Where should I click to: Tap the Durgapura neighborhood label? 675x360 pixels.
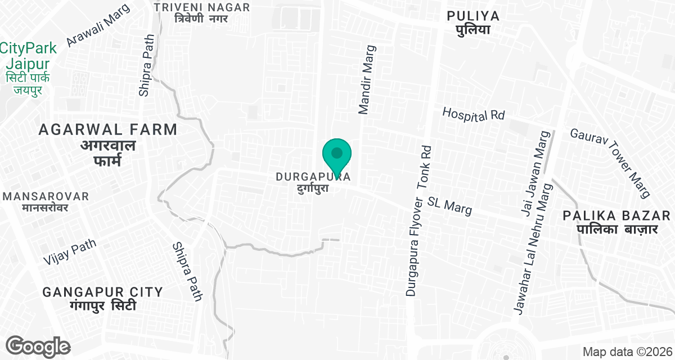point(313,182)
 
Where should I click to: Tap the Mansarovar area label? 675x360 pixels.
point(46,201)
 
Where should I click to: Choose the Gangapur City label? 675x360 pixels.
point(103,299)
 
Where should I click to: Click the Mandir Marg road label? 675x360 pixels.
point(366,80)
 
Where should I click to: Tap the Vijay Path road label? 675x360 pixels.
point(70,251)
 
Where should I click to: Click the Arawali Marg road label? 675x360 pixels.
point(98,26)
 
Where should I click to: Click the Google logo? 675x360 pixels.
point(38,346)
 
